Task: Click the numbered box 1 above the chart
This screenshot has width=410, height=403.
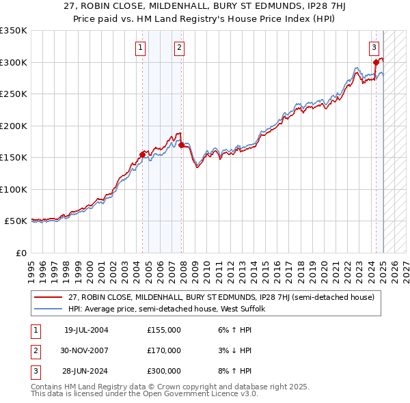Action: pyautogui.click(x=140, y=47)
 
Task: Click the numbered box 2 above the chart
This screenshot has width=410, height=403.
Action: pyautogui.click(x=178, y=47)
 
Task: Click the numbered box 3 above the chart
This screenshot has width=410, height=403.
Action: pyautogui.click(x=374, y=47)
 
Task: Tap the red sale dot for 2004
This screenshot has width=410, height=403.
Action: pyautogui.click(x=142, y=154)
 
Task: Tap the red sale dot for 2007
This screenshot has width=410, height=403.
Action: pyautogui.click(x=181, y=145)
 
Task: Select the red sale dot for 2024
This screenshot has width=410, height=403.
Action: pyautogui.click(x=376, y=62)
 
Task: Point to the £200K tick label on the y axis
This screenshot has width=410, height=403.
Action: pyautogui.click(x=14, y=126)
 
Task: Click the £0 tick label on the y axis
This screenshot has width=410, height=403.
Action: pyautogui.click(x=20, y=253)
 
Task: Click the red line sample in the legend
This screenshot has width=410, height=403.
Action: pyautogui.click(x=48, y=298)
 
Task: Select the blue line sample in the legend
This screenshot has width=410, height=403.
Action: pyautogui.click(x=48, y=309)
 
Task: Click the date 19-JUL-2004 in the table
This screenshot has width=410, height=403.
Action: pyautogui.click(x=86, y=330)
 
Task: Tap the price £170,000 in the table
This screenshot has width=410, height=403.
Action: pyautogui.click(x=164, y=350)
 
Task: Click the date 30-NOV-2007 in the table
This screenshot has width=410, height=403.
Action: pyautogui.click(x=86, y=350)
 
